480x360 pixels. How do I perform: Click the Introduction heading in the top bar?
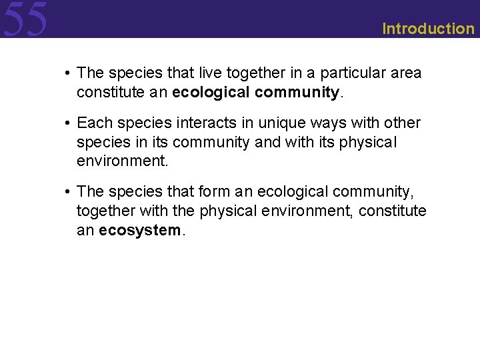(428, 29)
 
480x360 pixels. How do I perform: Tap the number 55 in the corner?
(25, 19)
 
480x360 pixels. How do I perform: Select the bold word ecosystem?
(140, 231)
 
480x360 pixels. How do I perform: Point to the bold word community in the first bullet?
(297, 92)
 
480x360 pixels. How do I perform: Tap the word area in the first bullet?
(407, 73)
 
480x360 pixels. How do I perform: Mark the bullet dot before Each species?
(69, 123)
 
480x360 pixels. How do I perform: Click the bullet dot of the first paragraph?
(69, 73)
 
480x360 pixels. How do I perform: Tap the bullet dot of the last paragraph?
(69, 192)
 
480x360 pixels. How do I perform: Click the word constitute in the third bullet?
(394, 211)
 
